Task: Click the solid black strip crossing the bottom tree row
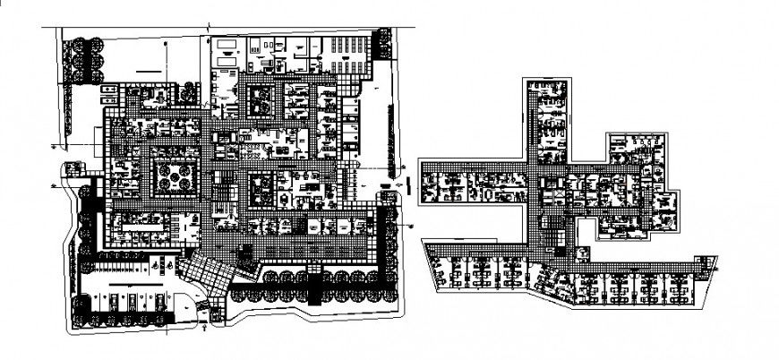click(314, 287)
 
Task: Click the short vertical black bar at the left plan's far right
click(407, 185)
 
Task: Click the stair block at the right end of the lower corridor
click(705, 263)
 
